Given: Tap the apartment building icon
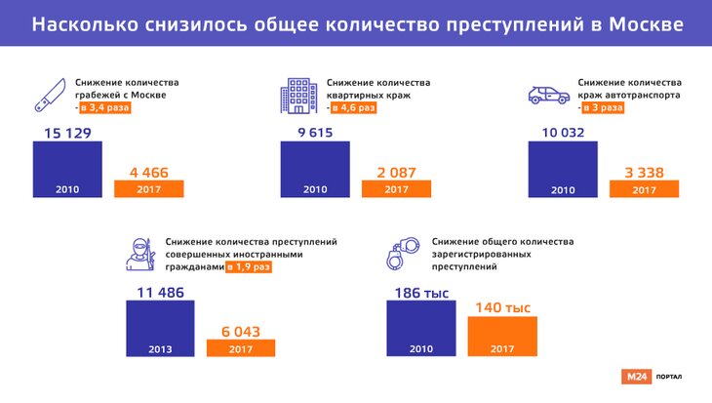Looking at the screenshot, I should [x=296, y=94].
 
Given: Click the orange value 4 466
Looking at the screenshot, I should [x=148, y=173].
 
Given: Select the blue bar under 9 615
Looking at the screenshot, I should [x=314, y=171].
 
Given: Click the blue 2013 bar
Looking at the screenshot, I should [x=160, y=330].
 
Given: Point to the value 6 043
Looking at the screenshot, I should [x=241, y=331].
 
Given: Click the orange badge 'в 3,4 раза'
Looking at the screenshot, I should [x=105, y=108].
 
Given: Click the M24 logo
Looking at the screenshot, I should [x=635, y=377].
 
